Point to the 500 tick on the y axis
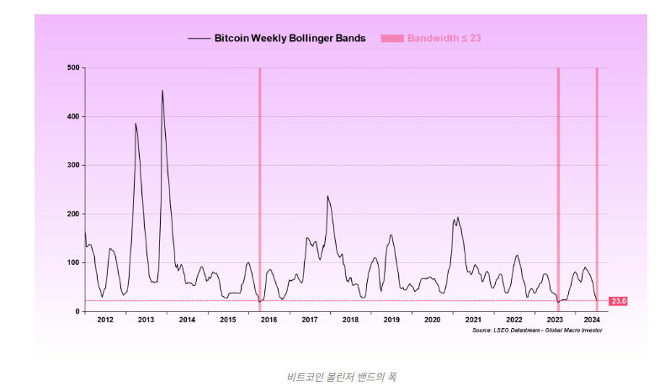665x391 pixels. point(73,67)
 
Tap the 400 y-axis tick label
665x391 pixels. point(73,116)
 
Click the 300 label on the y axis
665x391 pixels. point(73,165)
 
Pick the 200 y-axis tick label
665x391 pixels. point(73,214)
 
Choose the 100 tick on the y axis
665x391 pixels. point(73,262)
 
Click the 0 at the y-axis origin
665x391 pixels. point(77,311)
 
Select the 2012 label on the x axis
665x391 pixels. point(104,320)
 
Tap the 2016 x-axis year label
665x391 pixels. point(269,320)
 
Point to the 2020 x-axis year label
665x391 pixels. point(433,320)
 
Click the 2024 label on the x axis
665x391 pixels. point(592,320)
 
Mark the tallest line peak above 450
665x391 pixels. point(162,91)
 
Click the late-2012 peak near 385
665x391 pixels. point(136,124)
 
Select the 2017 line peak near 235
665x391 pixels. point(327,197)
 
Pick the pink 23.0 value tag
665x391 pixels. point(618,301)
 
